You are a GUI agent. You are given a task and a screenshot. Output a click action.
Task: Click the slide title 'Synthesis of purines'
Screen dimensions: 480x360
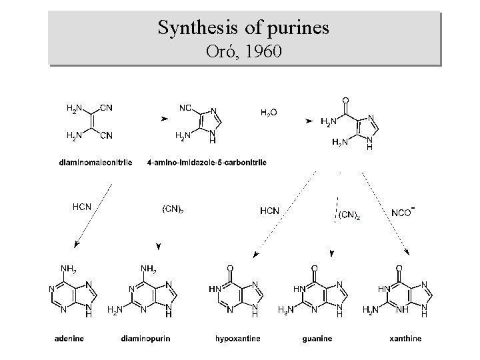[x=243, y=28]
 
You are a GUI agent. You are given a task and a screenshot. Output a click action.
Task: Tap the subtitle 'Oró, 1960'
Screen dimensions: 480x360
[x=243, y=51]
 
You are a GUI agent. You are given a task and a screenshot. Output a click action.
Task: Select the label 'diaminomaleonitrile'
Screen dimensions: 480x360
[x=96, y=162]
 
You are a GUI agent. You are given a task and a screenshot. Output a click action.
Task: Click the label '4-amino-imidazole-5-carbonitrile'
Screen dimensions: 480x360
[x=207, y=162]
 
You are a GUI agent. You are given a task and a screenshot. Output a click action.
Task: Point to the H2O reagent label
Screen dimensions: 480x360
[x=269, y=113]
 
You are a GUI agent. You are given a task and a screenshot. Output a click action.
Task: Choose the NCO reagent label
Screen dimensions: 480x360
[x=403, y=212]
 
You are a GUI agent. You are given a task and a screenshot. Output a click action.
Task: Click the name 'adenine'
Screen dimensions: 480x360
[x=69, y=339]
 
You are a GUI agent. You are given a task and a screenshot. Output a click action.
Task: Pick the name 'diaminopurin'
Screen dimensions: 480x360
[x=146, y=339]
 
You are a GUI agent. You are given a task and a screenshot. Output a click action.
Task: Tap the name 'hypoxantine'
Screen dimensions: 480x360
[x=238, y=339]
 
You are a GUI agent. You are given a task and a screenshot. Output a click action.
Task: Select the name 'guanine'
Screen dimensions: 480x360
[x=317, y=339]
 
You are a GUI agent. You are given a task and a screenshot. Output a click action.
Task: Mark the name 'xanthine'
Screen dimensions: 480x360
[x=406, y=339]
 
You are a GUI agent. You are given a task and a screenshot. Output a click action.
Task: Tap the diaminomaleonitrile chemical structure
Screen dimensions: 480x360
[x=90, y=122]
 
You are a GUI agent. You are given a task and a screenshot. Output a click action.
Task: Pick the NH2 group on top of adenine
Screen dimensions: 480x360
[x=68, y=269]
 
